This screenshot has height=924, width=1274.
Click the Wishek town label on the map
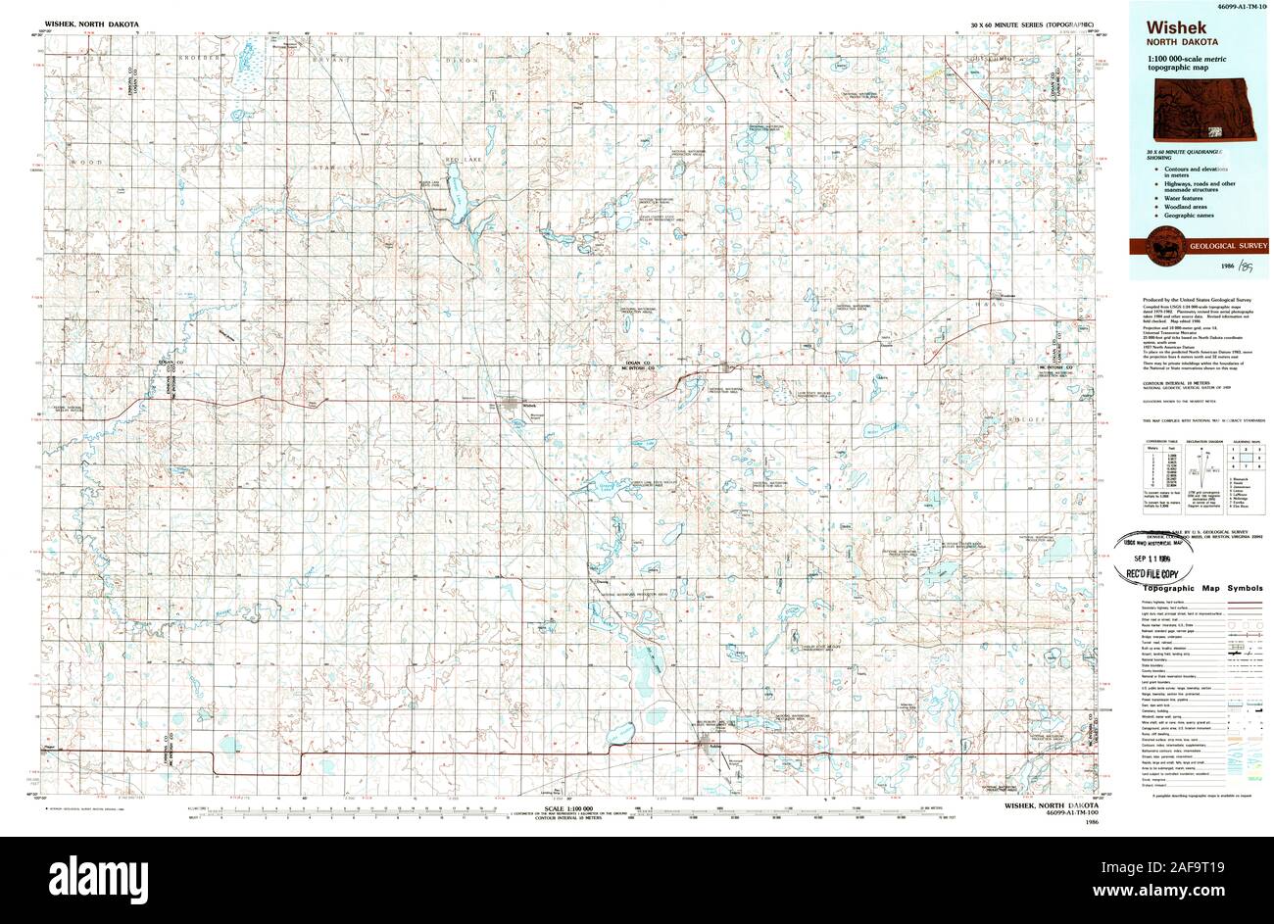click(530, 405)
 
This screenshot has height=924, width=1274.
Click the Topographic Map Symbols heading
click(1204, 587)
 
